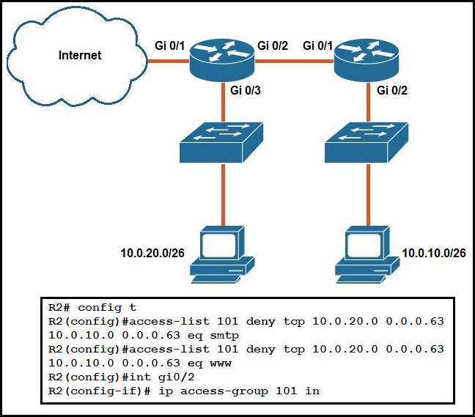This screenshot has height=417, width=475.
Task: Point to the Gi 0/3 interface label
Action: point(246,91)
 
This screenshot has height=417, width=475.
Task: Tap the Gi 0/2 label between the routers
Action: point(273,45)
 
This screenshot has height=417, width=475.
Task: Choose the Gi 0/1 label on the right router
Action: point(318,45)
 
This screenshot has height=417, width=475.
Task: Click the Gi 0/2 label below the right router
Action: point(392,91)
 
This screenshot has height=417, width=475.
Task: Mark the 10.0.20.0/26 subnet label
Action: point(152,254)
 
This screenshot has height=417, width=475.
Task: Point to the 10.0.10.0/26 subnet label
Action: point(433,254)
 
